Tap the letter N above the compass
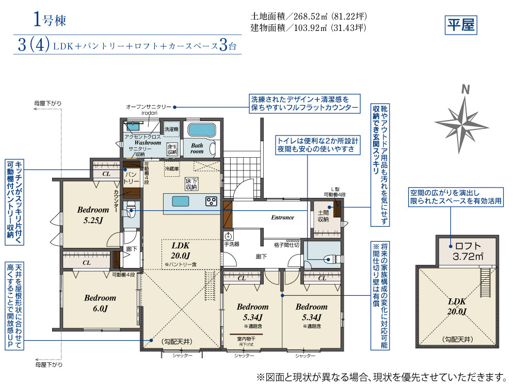pos(465,89)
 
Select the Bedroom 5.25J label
pos(93,214)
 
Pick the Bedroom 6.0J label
pos(100,303)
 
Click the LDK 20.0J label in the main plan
pos(181,250)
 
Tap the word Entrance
pos(282,217)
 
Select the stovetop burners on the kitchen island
pos(212,201)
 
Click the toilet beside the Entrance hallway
pos(330,259)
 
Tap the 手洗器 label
pos(232,244)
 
